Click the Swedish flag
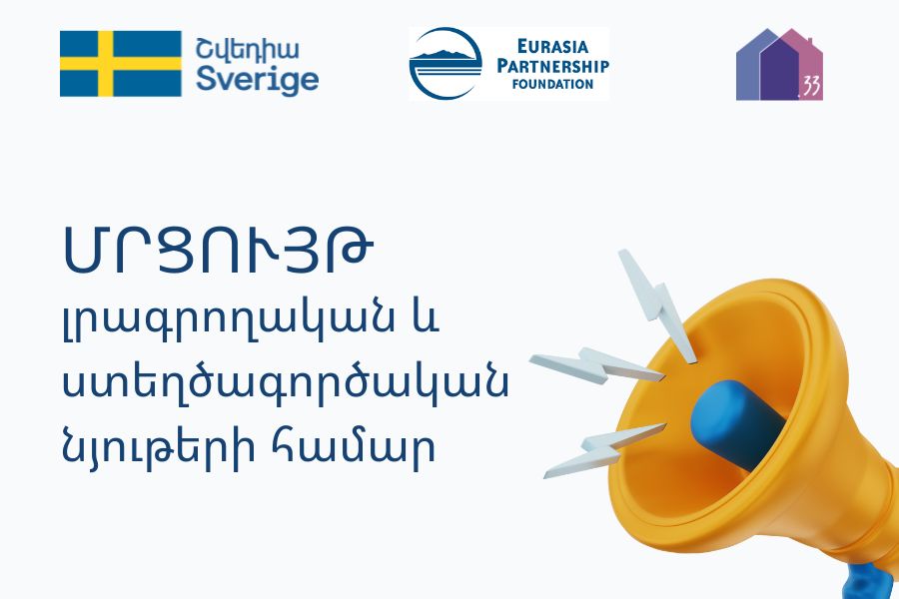[x=121, y=64]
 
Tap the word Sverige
[x=258, y=80]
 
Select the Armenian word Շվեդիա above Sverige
[x=248, y=49]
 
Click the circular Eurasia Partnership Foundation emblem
[x=447, y=64]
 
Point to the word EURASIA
[x=552, y=46]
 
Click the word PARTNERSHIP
[x=552, y=65]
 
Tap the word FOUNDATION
[x=552, y=84]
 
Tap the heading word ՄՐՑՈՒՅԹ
[x=218, y=249]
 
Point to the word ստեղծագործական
[x=285, y=383]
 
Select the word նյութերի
[x=158, y=447]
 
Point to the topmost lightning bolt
[x=657, y=305]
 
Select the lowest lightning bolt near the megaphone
[x=604, y=450]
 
